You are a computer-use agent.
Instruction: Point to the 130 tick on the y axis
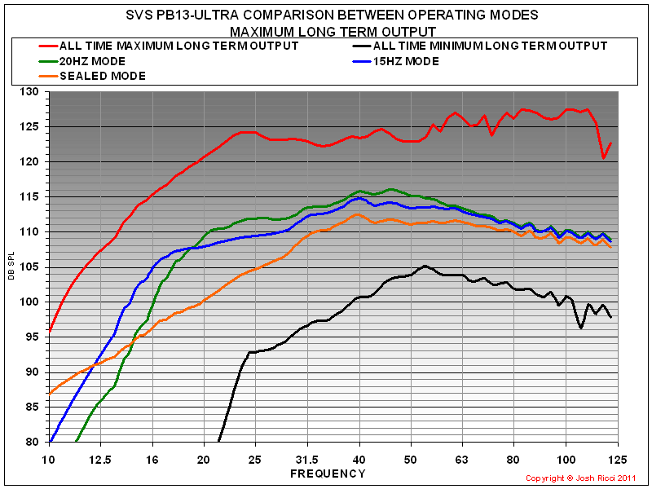(33, 92)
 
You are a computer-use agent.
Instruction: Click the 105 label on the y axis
(33, 267)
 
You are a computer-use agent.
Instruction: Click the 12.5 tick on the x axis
(100, 460)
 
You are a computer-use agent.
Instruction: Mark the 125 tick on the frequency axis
(617, 460)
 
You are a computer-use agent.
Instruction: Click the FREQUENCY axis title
(328, 473)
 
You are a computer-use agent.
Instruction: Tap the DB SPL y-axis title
(12, 267)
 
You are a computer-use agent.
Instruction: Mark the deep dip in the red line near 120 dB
(603, 158)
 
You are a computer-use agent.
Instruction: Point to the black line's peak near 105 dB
(425, 266)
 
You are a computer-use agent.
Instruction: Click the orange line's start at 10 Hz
(50, 394)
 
